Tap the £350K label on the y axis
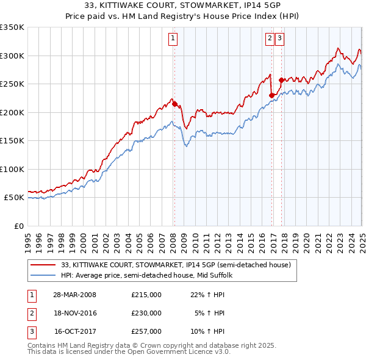click(12, 27)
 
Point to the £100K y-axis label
click(12, 169)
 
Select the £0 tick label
click(18, 226)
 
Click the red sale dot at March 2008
click(174, 104)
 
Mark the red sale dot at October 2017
click(281, 80)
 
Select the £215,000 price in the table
click(146, 295)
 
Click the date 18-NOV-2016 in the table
click(75, 313)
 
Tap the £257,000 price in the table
click(146, 331)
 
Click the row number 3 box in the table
click(31, 331)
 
